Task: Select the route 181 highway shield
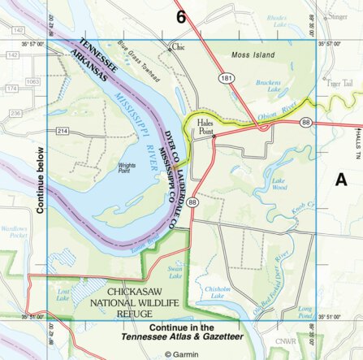tap(232, 80)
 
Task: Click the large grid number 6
tap(181, 16)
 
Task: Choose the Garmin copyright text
tap(182, 354)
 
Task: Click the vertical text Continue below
tap(38, 176)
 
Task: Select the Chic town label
tap(178, 47)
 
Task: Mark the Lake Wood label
tap(279, 184)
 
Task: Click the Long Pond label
tap(305, 311)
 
